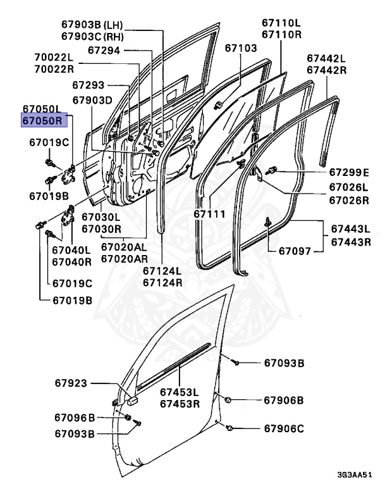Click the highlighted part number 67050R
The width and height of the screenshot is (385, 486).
coord(42,120)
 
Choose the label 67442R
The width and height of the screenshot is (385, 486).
coord(327,70)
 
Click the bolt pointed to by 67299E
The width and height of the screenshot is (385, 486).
coord(272,170)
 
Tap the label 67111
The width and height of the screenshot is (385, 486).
coord(209,215)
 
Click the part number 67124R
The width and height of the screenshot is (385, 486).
coord(162,282)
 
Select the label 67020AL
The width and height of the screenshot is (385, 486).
coord(125,247)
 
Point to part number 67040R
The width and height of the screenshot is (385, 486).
coord(71,261)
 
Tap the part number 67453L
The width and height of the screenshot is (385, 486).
coord(179,392)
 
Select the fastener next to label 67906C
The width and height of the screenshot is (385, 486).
coord(230,428)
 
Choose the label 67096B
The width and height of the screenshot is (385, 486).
coord(75,418)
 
